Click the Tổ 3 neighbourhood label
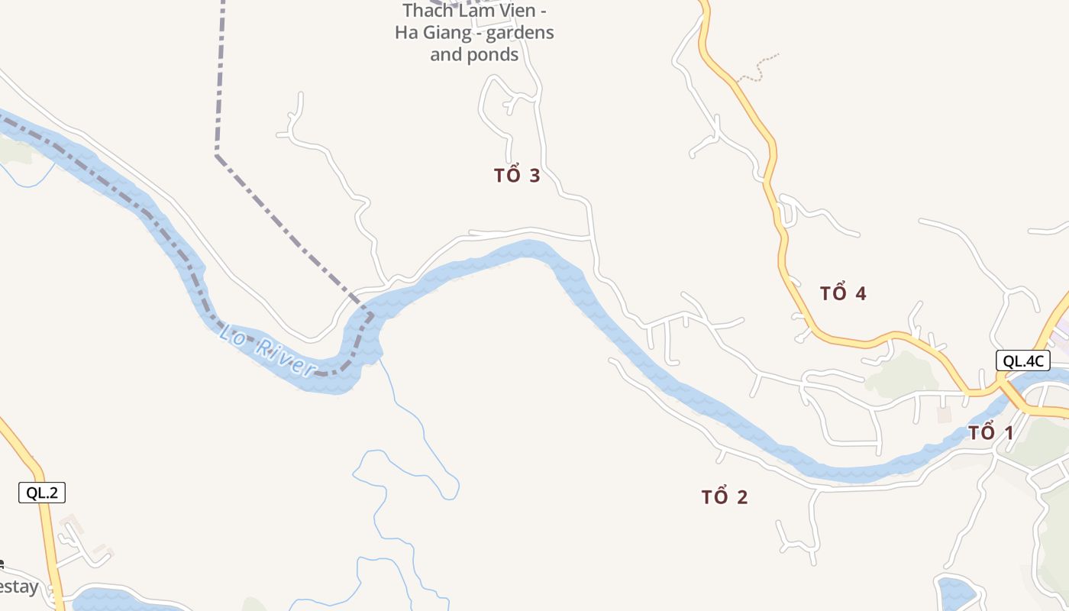click(517, 176)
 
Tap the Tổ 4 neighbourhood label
click(843, 293)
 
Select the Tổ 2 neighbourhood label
click(725, 497)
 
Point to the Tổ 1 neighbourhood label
click(990, 433)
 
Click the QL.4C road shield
click(1023, 361)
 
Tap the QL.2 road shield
click(42, 493)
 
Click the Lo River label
click(268, 351)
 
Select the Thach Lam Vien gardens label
click(474, 32)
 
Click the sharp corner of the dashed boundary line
click(218, 155)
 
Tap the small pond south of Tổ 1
click(955, 592)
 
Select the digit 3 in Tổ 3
click(534, 176)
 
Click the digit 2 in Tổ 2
click(742, 497)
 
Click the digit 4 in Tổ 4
click(861, 293)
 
